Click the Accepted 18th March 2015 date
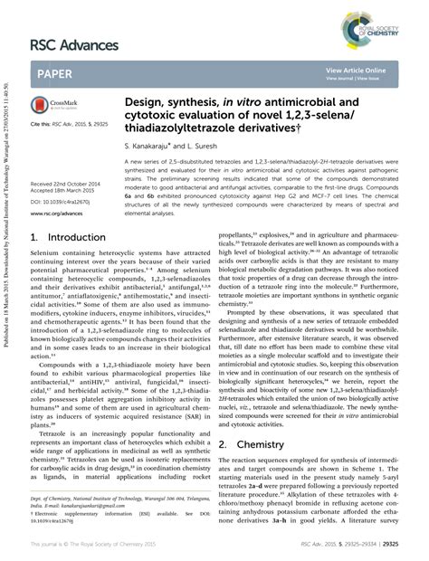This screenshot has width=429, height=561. pos(62,190)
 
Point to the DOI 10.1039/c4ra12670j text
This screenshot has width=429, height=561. pos(62,198)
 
